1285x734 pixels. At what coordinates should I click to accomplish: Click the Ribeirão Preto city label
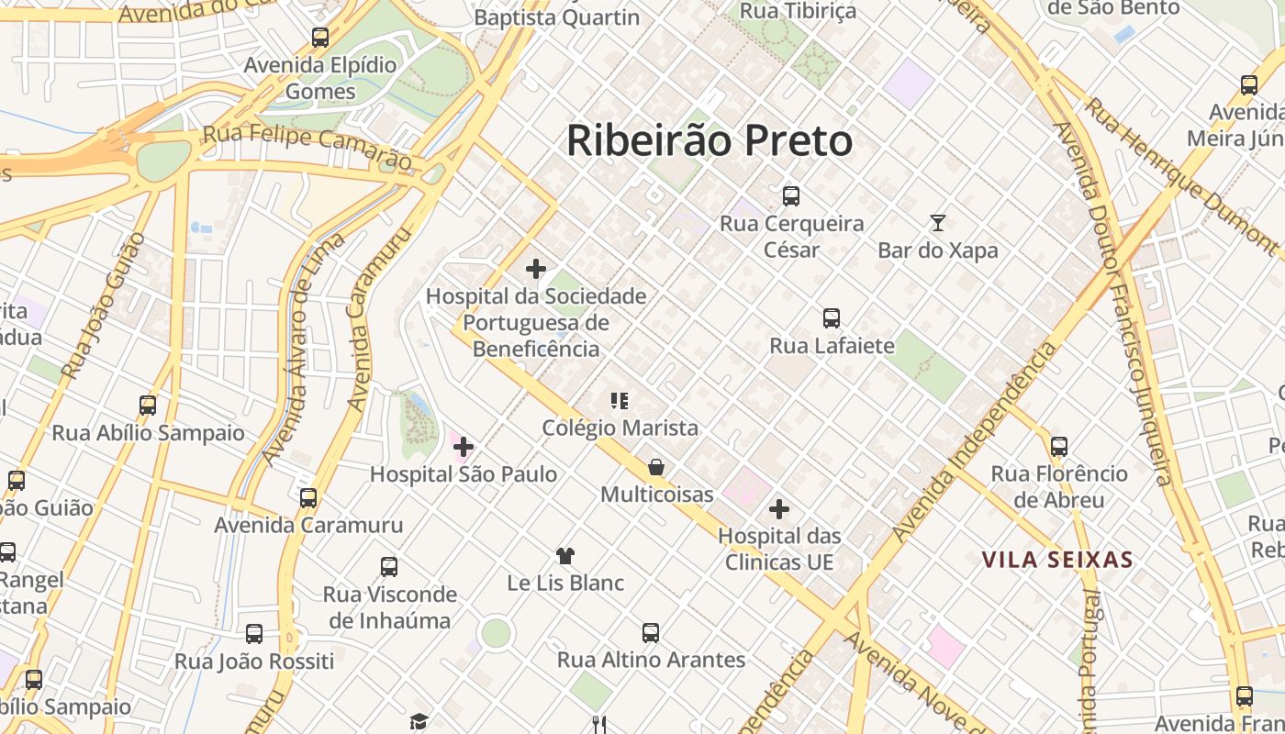coord(710,141)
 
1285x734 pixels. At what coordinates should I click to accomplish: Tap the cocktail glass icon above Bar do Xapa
coord(937,222)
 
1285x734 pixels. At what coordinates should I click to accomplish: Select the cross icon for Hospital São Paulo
coord(464,447)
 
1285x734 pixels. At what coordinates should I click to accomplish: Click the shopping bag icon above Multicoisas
coord(656,467)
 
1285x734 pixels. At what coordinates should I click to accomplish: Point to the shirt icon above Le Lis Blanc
coord(565,555)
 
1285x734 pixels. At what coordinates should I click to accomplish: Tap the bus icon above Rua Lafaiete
coord(832,318)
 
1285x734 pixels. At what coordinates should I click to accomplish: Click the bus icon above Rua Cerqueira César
coord(791,195)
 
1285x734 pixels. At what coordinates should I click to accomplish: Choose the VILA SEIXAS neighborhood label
coord(1057,560)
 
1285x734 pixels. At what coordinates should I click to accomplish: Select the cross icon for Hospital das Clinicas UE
coord(779,509)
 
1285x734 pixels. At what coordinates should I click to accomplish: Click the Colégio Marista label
coord(620,428)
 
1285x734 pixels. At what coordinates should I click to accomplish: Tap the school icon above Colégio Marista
coord(620,400)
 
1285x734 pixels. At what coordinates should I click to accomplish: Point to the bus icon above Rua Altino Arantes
coord(651,632)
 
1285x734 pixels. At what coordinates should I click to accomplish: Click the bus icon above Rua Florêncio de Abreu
coord(1059,447)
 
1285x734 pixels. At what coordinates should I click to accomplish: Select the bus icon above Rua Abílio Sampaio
coord(148,405)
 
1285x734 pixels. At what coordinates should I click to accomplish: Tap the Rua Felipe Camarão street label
coord(307,146)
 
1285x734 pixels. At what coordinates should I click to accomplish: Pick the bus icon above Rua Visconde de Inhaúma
coord(389,566)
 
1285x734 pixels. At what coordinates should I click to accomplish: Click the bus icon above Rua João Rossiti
coord(254,633)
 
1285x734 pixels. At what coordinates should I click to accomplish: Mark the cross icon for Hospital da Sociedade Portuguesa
coord(536,269)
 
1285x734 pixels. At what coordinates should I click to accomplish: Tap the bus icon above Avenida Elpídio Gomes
coord(320,38)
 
